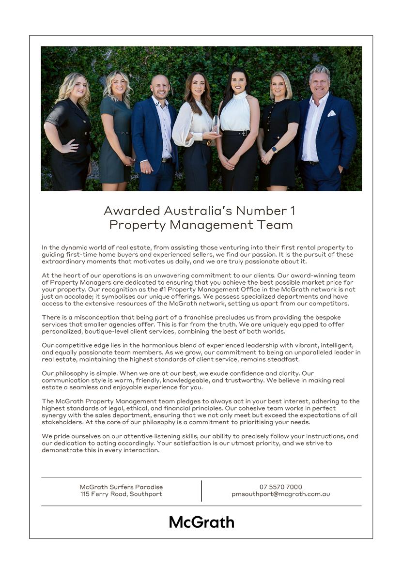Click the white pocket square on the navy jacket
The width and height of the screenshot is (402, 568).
tap(331, 113)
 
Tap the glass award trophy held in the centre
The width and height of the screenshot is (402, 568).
tap(216, 125)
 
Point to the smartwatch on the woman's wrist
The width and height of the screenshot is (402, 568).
tap(274, 149)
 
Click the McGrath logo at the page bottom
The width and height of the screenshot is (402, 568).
tap(201, 522)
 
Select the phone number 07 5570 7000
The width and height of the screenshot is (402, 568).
tap(280, 487)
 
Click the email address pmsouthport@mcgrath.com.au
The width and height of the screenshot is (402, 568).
tap(280, 494)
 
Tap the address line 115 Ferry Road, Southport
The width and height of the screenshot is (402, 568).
tap(121, 494)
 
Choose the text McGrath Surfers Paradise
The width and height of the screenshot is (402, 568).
tap(121, 487)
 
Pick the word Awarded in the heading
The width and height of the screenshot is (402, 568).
tap(132, 211)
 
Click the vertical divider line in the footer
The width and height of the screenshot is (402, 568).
tap(201, 491)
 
